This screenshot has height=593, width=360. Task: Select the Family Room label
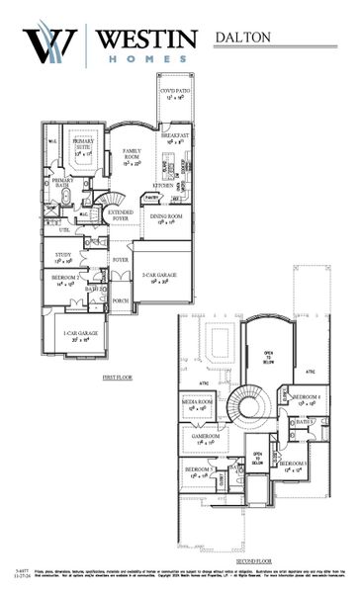pyautogui.click(x=132, y=156)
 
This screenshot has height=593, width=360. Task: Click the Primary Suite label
pyautogui.click(x=83, y=148)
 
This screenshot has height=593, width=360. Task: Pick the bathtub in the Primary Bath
pyautogui.click(x=65, y=197)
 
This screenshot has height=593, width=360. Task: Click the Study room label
pyautogui.click(x=62, y=257)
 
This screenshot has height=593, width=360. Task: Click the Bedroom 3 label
pyautogui.click(x=292, y=466)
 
